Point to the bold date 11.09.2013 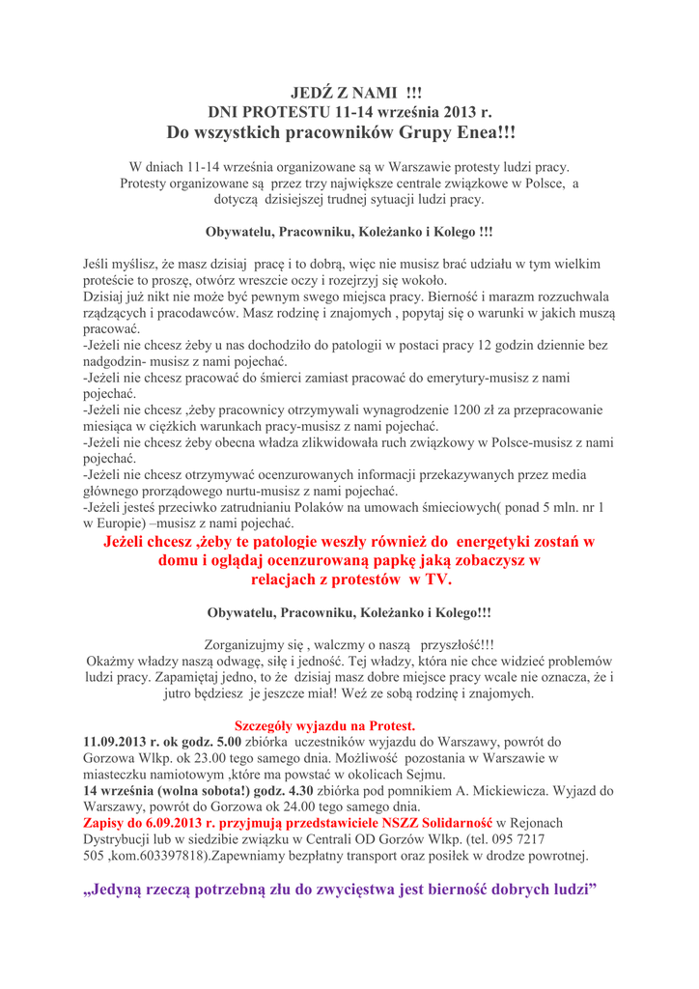click(x=122, y=742)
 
